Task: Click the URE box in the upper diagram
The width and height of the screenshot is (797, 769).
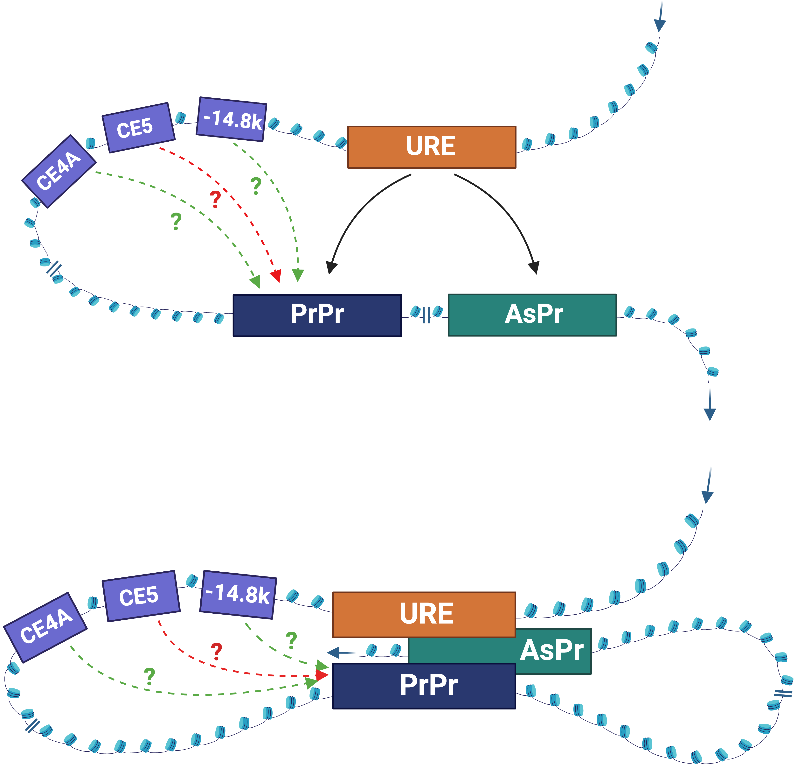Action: click(x=431, y=147)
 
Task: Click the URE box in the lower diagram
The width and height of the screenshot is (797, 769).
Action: click(x=424, y=614)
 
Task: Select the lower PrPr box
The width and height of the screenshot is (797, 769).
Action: click(x=424, y=686)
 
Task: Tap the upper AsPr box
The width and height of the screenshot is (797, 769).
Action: click(x=532, y=315)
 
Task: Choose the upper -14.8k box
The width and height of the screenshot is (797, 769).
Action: click(x=231, y=119)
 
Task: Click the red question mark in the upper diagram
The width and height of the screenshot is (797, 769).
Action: click(x=215, y=199)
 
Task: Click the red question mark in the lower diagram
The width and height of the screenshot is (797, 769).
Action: click(x=216, y=651)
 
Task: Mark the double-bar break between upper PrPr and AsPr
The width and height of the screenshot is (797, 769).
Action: click(x=426, y=314)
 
